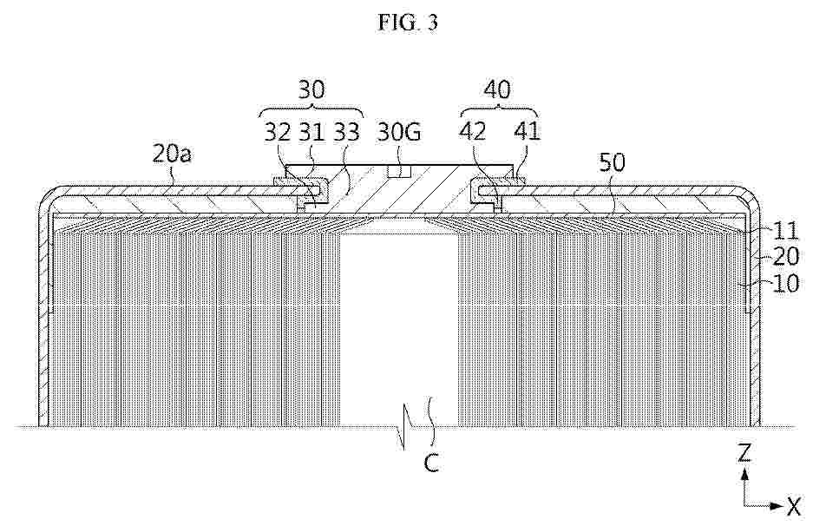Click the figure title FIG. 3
(408, 23)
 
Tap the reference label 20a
(172, 154)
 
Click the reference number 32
(278, 132)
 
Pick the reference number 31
(311, 132)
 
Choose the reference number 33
(346, 132)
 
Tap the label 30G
(399, 132)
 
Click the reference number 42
(472, 132)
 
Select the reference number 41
(527, 132)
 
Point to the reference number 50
(613, 162)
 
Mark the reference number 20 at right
(786, 257)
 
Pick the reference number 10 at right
(786, 284)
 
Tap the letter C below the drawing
(431, 463)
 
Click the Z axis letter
(744, 454)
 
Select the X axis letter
(793, 507)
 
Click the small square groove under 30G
(399, 171)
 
